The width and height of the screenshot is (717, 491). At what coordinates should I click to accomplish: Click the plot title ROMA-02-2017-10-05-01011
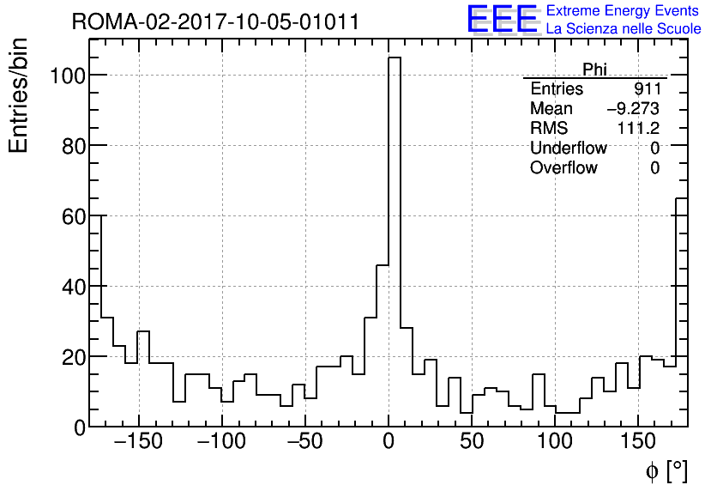tap(215, 22)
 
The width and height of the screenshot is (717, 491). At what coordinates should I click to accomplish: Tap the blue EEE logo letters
tap(502, 19)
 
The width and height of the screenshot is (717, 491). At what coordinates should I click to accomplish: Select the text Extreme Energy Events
tap(624, 11)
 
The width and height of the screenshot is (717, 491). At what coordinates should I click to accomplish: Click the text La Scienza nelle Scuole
tap(624, 29)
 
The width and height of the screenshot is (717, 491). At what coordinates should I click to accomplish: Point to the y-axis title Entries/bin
tap(19, 95)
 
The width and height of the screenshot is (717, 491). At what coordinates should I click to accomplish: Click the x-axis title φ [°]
tap(666, 470)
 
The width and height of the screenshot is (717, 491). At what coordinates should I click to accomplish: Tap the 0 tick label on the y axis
tap(80, 427)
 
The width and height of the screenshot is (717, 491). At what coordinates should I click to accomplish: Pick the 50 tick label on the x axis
tap(472, 443)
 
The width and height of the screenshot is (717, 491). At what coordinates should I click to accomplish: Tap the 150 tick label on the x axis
tap(637, 443)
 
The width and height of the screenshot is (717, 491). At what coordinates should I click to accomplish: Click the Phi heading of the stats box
tap(594, 70)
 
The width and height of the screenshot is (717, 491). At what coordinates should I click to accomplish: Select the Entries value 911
tap(647, 89)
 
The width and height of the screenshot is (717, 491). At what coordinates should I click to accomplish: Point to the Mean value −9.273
tap(633, 109)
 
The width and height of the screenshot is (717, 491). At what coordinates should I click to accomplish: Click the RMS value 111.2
tap(638, 129)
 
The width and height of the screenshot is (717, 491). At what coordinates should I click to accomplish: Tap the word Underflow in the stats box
tap(568, 149)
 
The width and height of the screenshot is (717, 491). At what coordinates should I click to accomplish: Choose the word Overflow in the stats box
tap(563, 168)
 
